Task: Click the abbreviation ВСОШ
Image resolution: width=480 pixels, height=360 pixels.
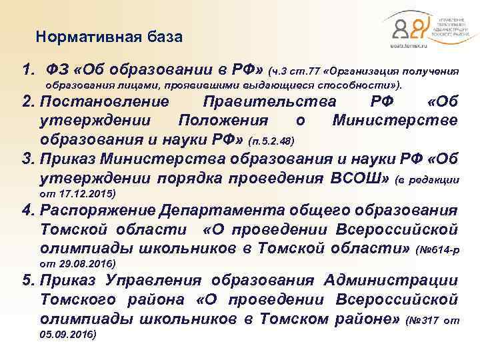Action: [359, 179]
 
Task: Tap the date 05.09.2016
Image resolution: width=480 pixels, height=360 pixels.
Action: [68, 335]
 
